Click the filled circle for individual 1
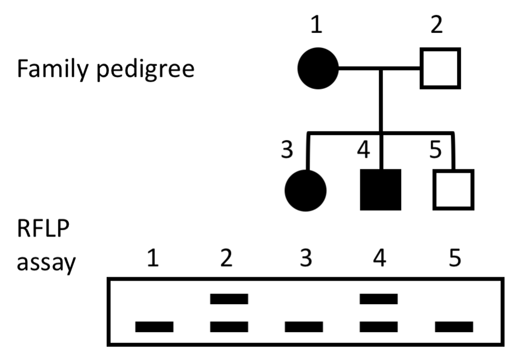coord(318,69)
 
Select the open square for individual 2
coord(440,68)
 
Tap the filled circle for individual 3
coord(305,190)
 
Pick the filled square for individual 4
coord(380,190)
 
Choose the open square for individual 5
coord(453,190)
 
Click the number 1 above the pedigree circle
coord(317,25)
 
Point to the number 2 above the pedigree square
coord(436,25)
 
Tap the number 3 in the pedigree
coord(287,150)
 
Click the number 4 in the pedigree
coord(364,150)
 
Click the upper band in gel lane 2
coord(229,299)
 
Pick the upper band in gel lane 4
coord(379,299)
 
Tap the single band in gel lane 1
coord(154,326)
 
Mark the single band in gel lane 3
coord(303,326)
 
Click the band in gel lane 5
coord(454,326)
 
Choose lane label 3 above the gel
coord(303,260)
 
